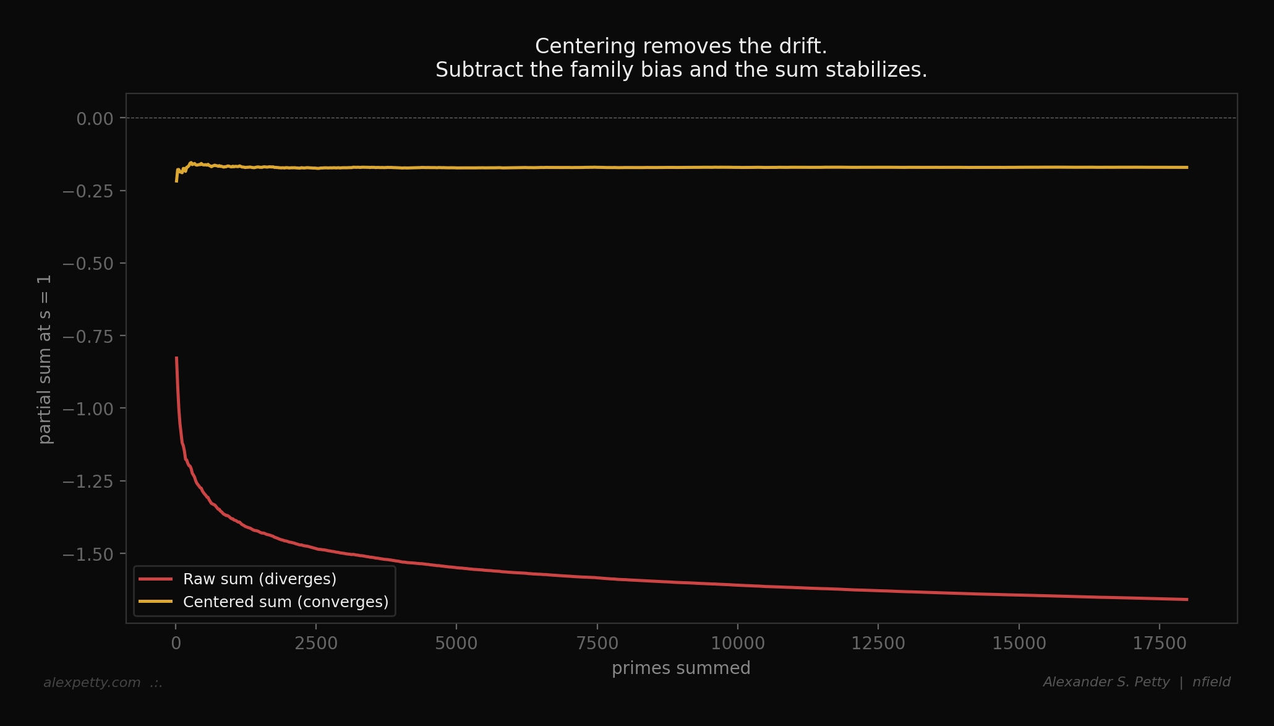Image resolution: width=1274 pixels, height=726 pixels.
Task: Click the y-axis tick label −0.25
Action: point(88,191)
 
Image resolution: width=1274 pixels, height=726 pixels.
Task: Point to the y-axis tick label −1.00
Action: point(88,409)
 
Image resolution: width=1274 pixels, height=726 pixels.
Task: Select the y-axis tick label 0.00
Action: point(95,119)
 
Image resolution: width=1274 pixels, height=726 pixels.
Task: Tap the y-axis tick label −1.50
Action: point(88,555)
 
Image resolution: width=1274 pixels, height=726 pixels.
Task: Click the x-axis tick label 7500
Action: point(597,644)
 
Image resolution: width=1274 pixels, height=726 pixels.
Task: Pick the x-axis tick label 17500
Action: point(1159,644)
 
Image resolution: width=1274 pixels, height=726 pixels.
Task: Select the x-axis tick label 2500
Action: point(316,644)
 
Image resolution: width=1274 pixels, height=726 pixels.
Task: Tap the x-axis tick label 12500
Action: point(878,644)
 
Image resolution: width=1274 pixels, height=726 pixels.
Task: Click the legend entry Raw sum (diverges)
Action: point(260,579)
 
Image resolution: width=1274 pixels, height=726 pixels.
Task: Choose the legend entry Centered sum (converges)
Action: point(286,602)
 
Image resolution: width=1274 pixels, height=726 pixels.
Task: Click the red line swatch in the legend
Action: point(155,579)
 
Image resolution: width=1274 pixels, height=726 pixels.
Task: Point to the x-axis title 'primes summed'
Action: point(681,668)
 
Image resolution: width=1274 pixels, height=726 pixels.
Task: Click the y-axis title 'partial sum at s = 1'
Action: point(45,359)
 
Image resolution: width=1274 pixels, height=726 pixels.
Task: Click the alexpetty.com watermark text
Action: point(92,683)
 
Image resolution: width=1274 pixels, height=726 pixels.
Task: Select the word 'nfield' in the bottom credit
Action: point(1211,682)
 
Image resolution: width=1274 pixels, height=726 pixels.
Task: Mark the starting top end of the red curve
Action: point(176,358)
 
